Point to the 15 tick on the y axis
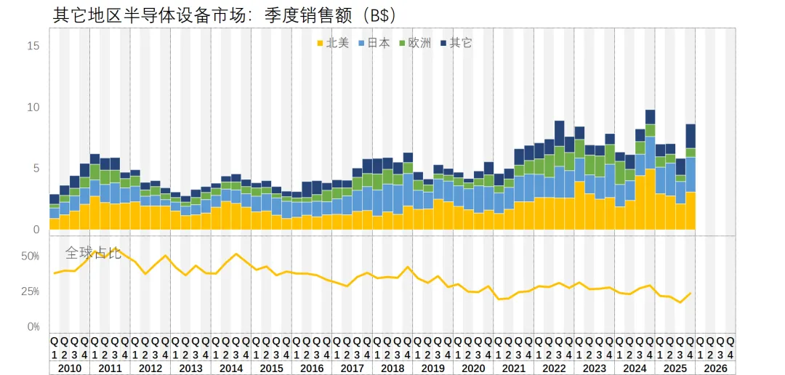click(x=33, y=45)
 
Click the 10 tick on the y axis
click(x=33, y=107)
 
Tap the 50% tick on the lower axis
click(x=31, y=257)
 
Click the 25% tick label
click(x=31, y=291)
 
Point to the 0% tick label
click(x=33, y=326)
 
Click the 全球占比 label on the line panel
click(x=93, y=253)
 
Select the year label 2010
click(x=69, y=368)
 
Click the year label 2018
click(x=392, y=368)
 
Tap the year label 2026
click(x=715, y=368)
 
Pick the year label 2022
click(x=554, y=368)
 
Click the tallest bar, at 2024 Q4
click(x=650, y=174)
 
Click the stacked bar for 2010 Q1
click(x=55, y=214)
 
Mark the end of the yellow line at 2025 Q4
click(x=691, y=293)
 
